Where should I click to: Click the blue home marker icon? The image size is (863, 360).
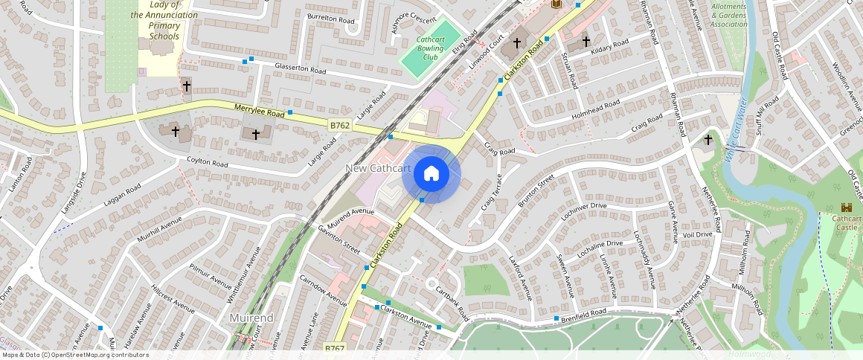(431, 174)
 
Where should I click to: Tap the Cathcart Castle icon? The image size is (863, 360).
(846, 208)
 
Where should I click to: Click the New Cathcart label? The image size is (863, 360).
(378, 169)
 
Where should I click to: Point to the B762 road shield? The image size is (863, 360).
(340, 126)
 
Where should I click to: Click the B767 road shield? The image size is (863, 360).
(335, 347)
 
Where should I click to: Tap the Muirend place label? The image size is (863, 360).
(251, 318)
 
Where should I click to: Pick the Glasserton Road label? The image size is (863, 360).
(301, 69)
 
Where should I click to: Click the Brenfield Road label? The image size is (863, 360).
(584, 314)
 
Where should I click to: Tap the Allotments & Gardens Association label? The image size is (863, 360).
(728, 15)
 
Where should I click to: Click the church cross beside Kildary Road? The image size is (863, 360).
(586, 42)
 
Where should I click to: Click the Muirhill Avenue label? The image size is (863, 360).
(160, 227)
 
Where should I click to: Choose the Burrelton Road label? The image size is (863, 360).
(331, 20)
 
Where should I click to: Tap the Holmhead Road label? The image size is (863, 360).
(595, 110)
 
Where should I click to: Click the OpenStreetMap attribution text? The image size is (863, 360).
(75, 355)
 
